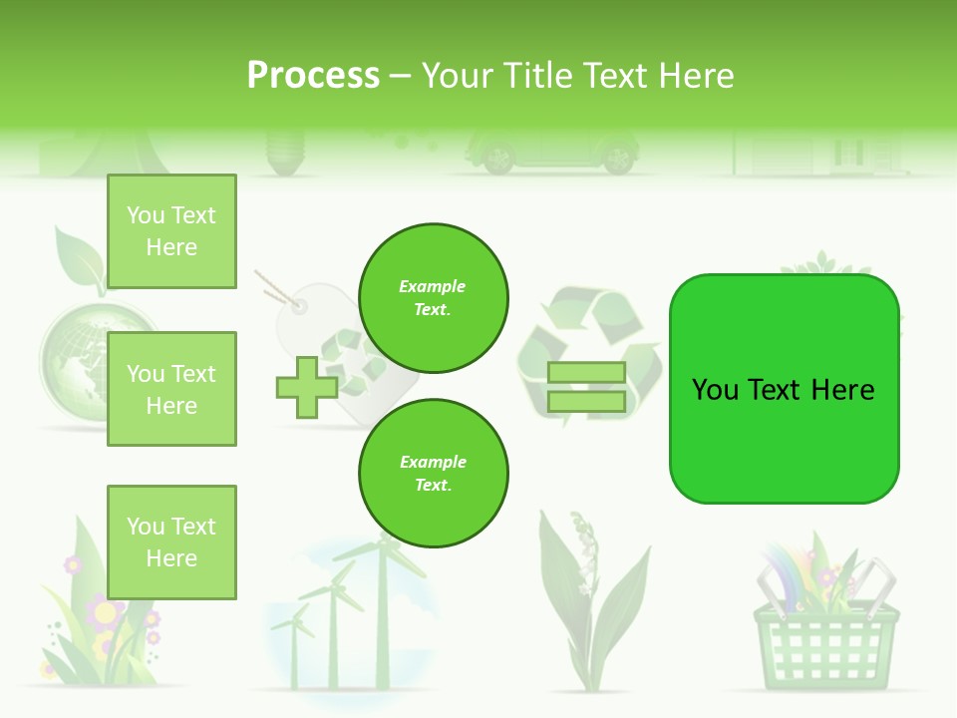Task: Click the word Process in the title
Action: click(x=313, y=76)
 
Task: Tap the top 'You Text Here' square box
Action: click(x=171, y=231)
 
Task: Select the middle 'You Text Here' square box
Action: click(x=171, y=389)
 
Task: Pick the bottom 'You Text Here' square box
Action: click(x=171, y=541)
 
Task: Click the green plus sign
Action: click(x=307, y=388)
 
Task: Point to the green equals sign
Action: click(x=586, y=387)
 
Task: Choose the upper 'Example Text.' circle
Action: click(x=434, y=297)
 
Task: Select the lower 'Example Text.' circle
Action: click(x=434, y=473)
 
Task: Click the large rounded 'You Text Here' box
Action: click(x=784, y=389)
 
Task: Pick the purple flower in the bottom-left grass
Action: click(x=104, y=610)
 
